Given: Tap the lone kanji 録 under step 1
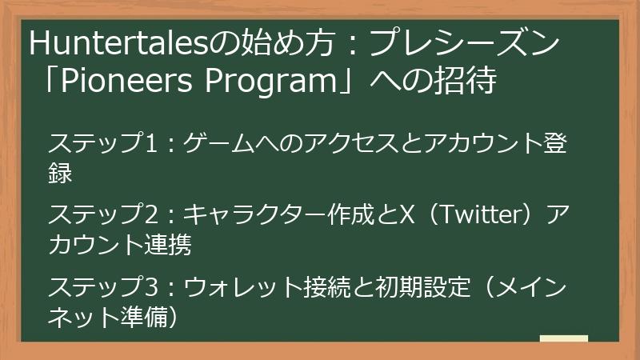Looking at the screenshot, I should tap(61, 173).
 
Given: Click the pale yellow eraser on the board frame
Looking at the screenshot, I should tap(563, 339).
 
